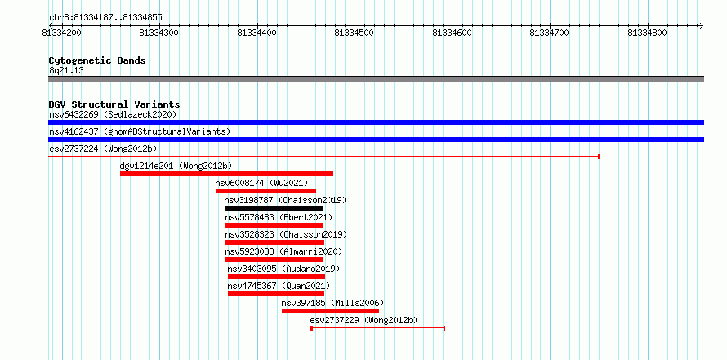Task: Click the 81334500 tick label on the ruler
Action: click(355, 33)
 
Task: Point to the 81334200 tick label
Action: click(61, 33)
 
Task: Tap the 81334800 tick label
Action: click(648, 33)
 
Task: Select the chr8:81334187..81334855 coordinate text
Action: click(105, 18)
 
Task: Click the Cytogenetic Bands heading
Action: click(97, 60)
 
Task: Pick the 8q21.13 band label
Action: click(66, 71)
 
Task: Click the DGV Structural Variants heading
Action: click(114, 104)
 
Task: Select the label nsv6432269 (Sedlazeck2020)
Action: click(113, 114)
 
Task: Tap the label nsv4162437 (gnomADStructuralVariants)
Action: click(140, 131)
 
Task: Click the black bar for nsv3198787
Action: click(274, 208)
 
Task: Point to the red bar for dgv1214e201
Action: click(227, 174)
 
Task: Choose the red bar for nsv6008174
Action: click(265, 191)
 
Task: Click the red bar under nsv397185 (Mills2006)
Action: click(330, 311)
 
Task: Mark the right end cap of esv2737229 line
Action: click(444, 328)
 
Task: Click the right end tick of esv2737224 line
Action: click(599, 157)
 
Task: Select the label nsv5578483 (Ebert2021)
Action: click(279, 217)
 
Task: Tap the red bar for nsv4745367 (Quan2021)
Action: click(276, 294)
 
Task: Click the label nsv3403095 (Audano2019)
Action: click(283, 269)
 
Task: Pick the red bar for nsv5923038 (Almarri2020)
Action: click(274, 260)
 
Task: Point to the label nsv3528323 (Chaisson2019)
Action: click(286, 234)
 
